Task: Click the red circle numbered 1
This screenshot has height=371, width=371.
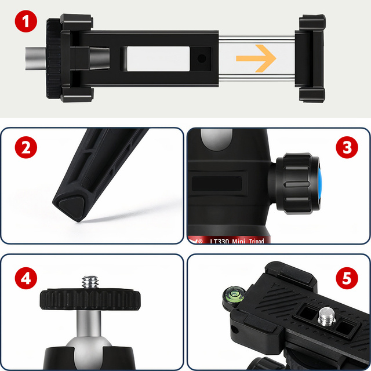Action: pyautogui.click(x=23, y=23)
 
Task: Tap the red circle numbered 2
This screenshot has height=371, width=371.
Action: pyautogui.click(x=23, y=148)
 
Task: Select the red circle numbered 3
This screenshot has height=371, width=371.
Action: pyautogui.click(x=347, y=148)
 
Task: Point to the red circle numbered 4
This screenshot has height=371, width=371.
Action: pyautogui.click(x=23, y=278)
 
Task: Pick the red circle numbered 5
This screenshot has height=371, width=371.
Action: pyautogui.click(x=347, y=278)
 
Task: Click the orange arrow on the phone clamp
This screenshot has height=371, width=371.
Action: pyautogui.click(x=255, y=58)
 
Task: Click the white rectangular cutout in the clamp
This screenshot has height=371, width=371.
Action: pyautogui.click(x=155, y=59)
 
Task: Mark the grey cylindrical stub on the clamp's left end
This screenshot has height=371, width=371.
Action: pyautogui.click(x=35, y=59)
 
